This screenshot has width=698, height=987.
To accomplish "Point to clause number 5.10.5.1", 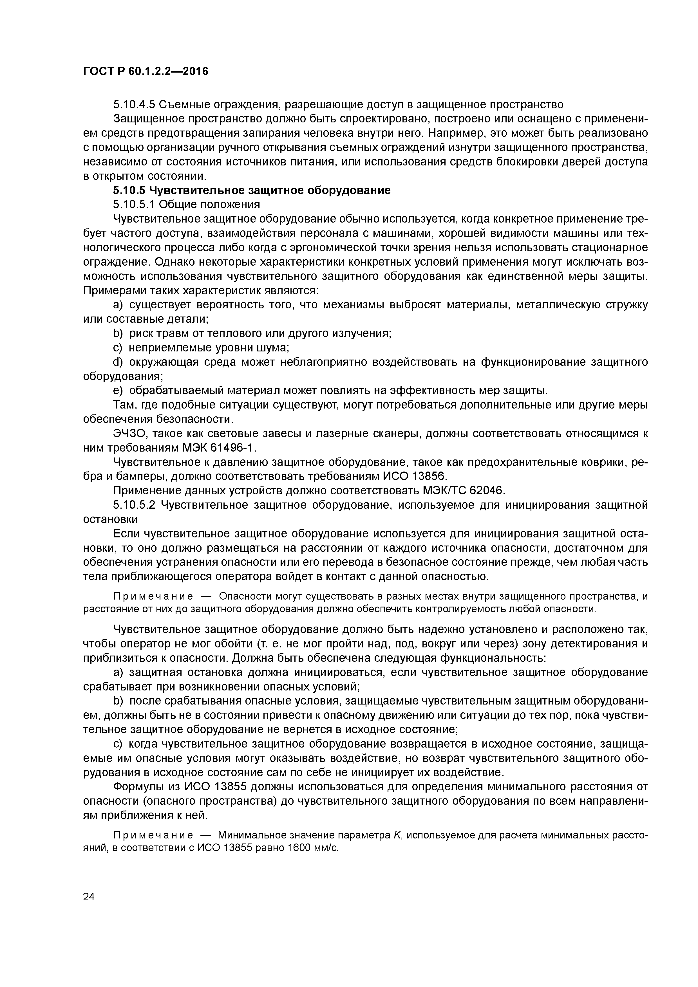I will tap(133, 204).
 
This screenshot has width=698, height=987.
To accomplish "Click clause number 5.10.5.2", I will tap(133, 505).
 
